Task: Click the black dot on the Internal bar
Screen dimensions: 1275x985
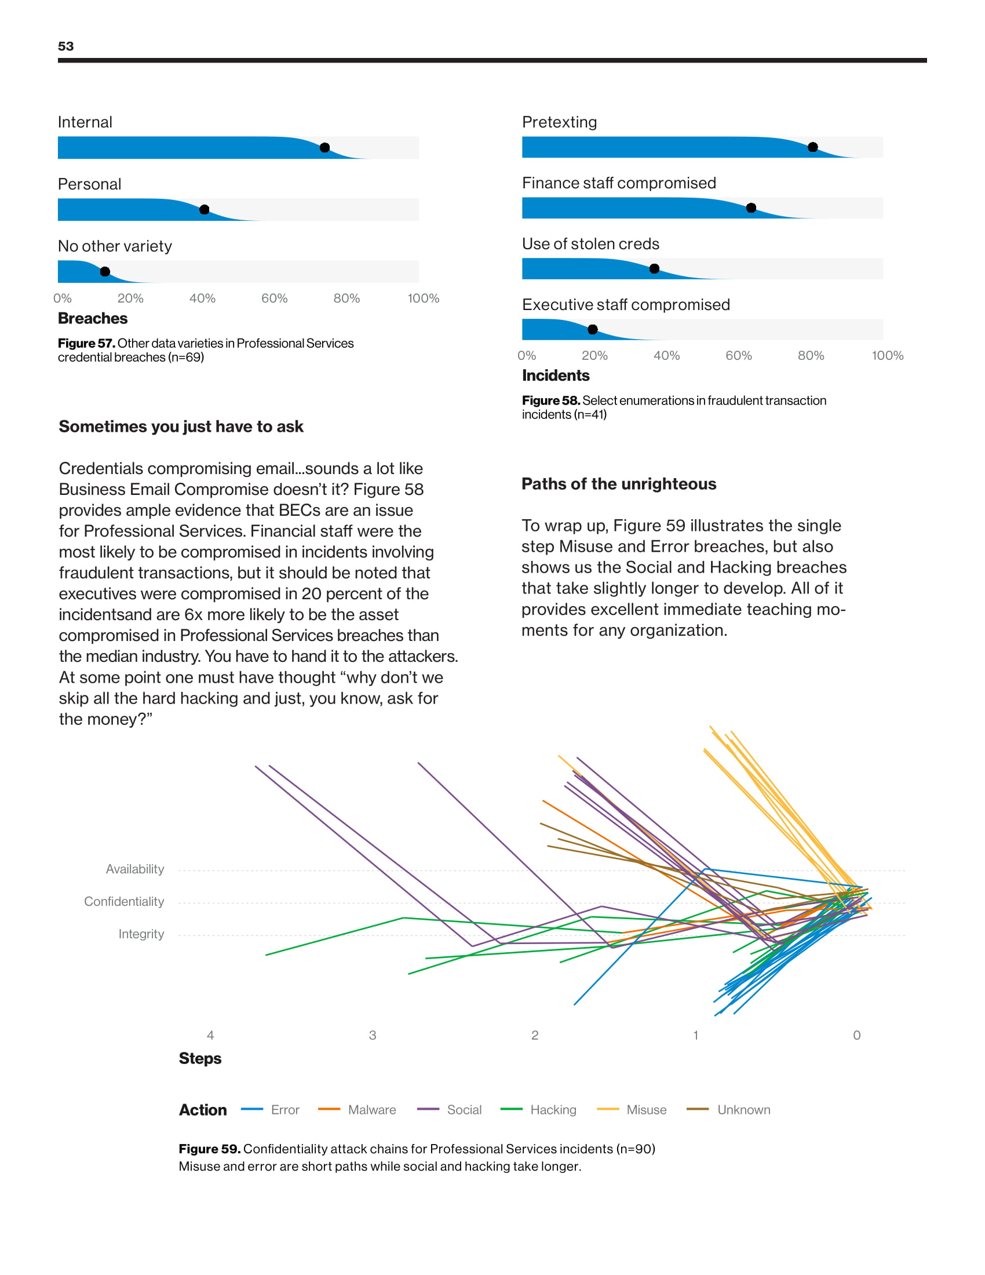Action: point(324,148)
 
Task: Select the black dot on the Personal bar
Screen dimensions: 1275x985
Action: point(204,210)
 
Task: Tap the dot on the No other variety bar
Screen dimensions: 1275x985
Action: point(105,271)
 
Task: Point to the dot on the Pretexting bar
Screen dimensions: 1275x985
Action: point(812,147)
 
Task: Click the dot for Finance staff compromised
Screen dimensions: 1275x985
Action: point(751,208)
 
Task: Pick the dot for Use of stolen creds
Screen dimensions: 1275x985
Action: point(654,268)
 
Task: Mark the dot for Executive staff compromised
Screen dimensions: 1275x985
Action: point(592,330)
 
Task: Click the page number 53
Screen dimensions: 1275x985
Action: point(66,47)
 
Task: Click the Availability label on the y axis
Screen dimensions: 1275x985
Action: point(135,869)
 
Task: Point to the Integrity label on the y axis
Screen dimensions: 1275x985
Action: point(141,934)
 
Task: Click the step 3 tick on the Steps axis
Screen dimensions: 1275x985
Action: point(373,1035)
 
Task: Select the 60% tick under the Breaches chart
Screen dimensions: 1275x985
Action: point(274,298)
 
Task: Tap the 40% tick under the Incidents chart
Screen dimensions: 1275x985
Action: point(666,355)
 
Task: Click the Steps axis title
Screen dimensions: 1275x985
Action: point(199,1058)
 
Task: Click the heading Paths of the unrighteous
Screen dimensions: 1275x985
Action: point(619,484)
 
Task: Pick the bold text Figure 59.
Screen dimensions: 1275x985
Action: point(210,1149)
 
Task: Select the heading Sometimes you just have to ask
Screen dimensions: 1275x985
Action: point(181,427)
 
